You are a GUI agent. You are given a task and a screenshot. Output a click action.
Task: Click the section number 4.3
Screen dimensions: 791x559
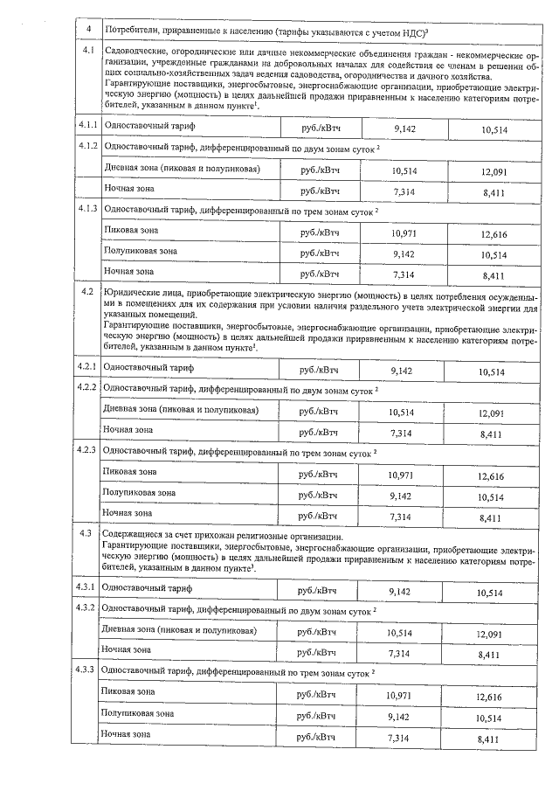[x=86, y=532]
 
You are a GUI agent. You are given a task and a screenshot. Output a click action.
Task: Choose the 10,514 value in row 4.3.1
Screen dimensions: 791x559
[x=495, y=592]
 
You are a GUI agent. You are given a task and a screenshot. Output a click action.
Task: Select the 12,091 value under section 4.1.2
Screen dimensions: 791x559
[x=493, y=171]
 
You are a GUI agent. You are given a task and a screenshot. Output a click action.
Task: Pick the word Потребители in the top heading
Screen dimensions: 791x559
[x=132, y=31]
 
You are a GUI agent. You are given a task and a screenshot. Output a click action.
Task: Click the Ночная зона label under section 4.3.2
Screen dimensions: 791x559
[x=127, y=649]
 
